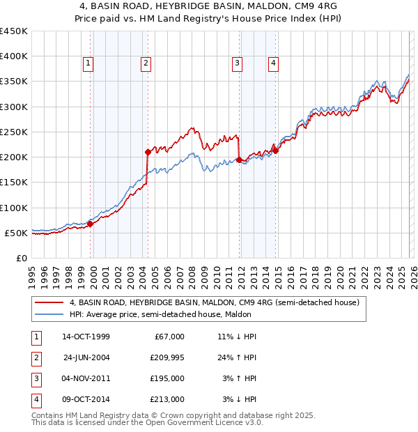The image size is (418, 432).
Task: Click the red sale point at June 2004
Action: [x=148, y=152]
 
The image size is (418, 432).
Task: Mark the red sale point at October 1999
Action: [x=91, y=224]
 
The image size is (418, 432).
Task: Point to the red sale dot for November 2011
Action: [x=239, y=160]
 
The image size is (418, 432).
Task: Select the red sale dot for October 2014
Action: [x=275, y=151]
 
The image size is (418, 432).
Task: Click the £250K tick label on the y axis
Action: [x=14, y=132]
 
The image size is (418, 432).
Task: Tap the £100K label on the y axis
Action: [x=14, y=208]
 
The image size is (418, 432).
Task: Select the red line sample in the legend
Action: [x=49, y=303]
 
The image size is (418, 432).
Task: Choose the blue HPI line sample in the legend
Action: [x=49, y=314]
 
